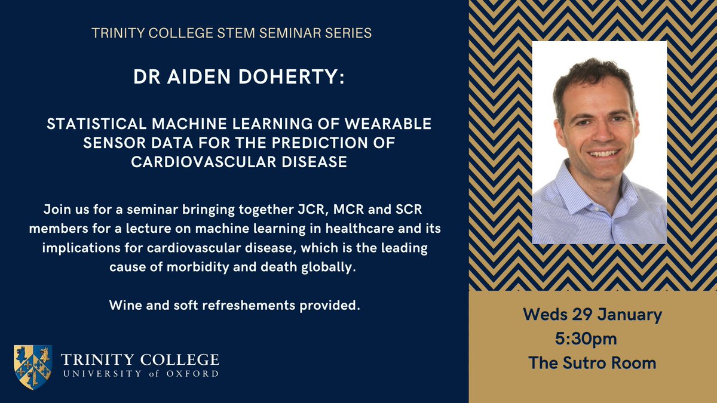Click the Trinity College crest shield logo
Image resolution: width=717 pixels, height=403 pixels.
[x=33, y=367]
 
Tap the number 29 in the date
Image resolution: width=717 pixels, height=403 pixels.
[x=576, y=315]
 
